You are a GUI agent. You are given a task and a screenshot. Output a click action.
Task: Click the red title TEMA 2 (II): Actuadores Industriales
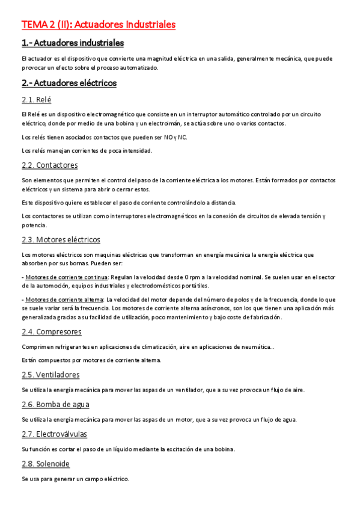pos(99,25)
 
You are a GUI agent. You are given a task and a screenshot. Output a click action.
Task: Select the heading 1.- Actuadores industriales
pos(72,43)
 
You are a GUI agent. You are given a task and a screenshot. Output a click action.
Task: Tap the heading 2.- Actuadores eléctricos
pos(69,83)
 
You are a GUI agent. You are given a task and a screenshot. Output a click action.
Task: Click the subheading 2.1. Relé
pos(36,99)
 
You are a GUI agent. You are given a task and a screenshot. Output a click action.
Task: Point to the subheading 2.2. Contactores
pos(49,165)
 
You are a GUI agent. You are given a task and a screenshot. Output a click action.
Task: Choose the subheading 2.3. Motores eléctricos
pos(61,239)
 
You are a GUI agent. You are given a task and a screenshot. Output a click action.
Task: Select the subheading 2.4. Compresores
pos(51,331)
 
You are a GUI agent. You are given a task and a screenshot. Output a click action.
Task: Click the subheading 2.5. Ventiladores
pos(50,375)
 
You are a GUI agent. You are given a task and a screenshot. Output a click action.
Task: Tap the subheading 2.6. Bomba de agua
pos(55,404)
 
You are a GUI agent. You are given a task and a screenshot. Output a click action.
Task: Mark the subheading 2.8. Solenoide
pos(46,464)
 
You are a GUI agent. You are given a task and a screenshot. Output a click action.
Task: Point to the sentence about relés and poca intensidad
pos(78,150)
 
